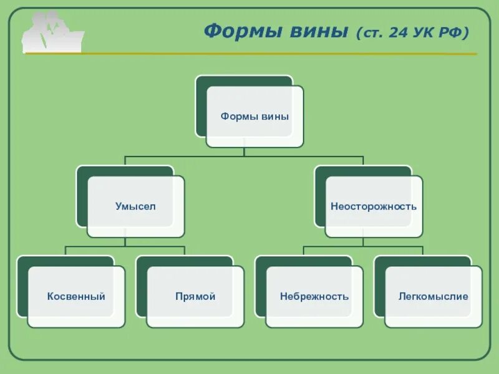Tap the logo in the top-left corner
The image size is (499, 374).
click(52, 32)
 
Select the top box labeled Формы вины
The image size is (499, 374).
click(254, 117)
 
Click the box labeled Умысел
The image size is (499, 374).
click(135, 206)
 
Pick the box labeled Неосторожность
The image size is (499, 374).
click(374, 206)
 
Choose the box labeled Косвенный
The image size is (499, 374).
click(76, 297)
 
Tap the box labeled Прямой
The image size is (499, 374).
click(195, 297)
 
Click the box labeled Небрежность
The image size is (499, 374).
click(314, 297)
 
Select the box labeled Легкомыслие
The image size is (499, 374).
click(434, 297)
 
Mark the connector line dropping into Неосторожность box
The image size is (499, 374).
click(363, 160)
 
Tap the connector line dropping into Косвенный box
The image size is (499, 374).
click(65, 251)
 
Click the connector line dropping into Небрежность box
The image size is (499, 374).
click(304, 251)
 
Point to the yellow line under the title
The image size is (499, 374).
click(281, 54)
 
